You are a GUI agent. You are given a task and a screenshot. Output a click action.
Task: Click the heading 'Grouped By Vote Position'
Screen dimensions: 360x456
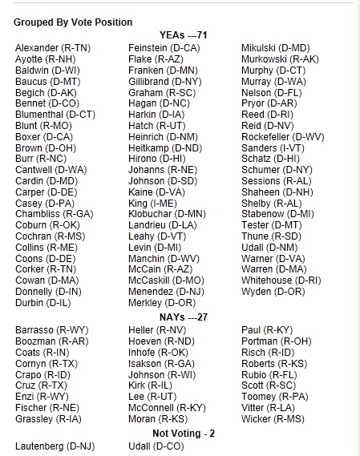[x=72, y=22]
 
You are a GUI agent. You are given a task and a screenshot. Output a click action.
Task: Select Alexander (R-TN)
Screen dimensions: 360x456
[x=53, y=48]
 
